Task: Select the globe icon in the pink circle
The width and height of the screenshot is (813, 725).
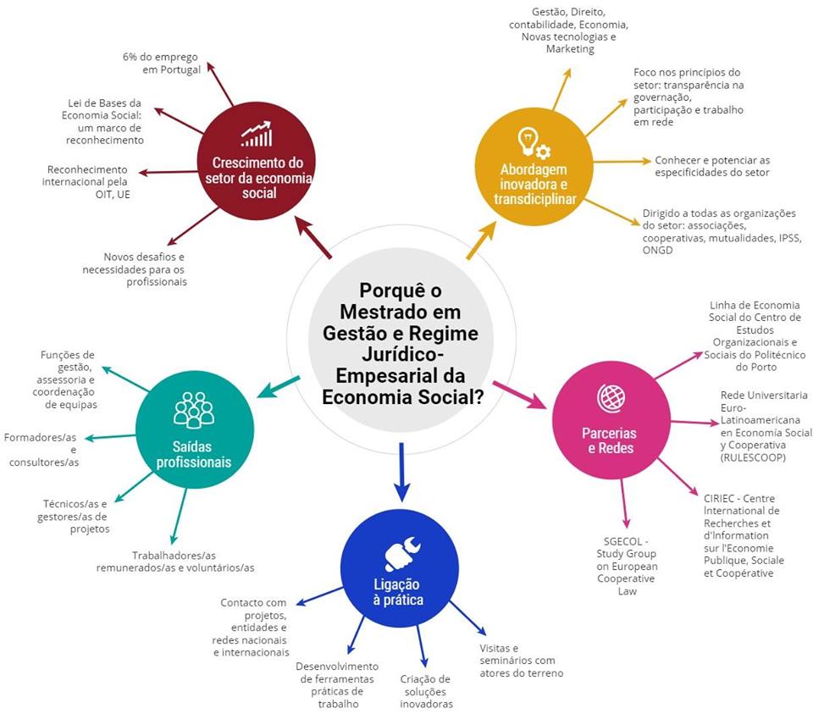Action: coord(609,396)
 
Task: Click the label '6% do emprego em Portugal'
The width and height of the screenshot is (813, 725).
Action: coord(161,64)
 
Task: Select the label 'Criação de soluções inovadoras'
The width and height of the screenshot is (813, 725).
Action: coord(426,691)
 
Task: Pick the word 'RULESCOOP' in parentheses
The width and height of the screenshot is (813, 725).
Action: coord(753,458)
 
